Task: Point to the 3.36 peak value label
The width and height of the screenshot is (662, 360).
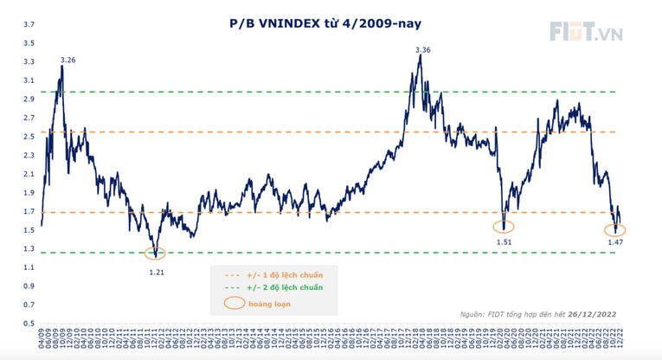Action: [x=423, y=50]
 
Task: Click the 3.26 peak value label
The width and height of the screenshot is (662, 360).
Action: [x=67, y=60]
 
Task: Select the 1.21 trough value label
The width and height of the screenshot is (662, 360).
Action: [x=156, y=272]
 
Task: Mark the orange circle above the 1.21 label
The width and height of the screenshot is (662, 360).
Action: [x=156, y=254]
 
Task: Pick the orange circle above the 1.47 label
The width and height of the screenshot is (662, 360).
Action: [x=615, y=229]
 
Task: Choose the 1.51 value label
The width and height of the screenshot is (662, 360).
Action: [x=505, y=242]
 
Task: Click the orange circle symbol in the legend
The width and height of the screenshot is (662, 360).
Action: [x=235, y=304]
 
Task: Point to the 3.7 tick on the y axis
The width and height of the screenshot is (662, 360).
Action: [x=29, y=25]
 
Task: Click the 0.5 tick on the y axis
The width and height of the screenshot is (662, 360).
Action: [x=29, y=324]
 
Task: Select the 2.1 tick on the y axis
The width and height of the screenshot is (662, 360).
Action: [x=29, y=174]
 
